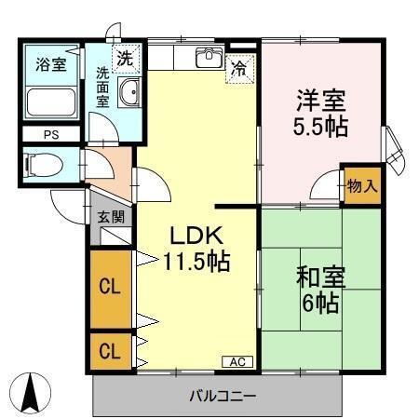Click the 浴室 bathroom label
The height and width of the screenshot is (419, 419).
(x=50, y=64)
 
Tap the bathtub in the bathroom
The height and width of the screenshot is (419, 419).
(x=50, y=101)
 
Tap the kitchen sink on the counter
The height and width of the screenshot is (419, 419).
(x=207, y=60)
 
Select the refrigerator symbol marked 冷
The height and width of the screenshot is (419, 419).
(x=239, y=68)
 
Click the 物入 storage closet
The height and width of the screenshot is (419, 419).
(x=362, y=185)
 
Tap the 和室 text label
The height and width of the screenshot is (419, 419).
(x=321, y=277)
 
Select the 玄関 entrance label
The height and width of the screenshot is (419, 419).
(x=111, y=217)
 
